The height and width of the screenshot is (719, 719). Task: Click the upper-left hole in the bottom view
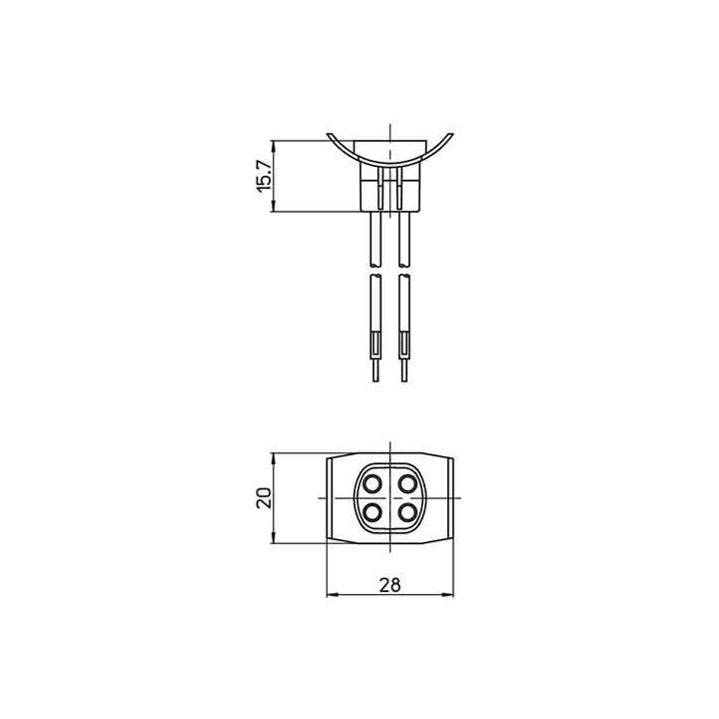pyautogui.click(x=371, y=483)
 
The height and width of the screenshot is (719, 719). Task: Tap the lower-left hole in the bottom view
pyautogui.click(x=371, y=512)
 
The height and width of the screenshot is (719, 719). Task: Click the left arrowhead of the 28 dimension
pyautogui.click(x=333, y=596)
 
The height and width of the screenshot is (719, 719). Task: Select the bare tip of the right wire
pyautogui.click(x=404, y=369)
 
